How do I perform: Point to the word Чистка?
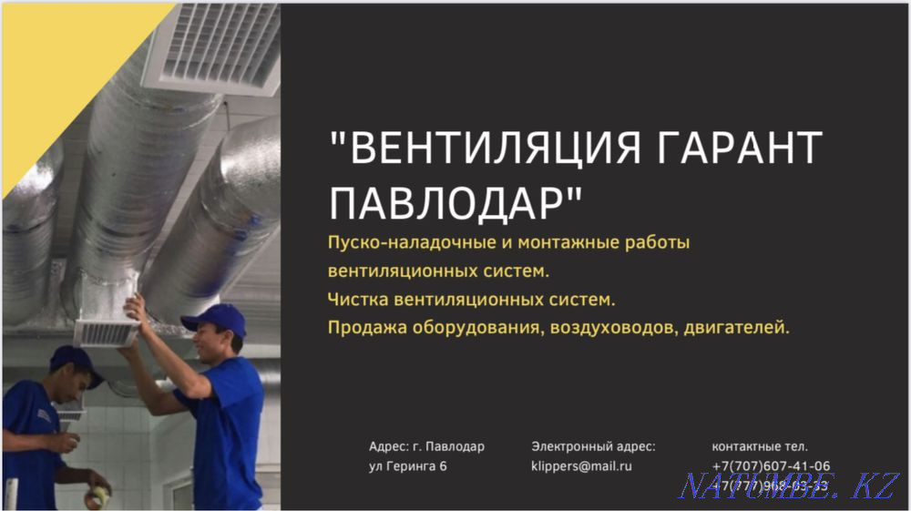(355, 299)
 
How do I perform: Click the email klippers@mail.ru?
(581, 465)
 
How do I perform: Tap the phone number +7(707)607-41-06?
(771, 465)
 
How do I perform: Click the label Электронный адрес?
(593, 446)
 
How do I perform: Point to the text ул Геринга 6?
(407, 465)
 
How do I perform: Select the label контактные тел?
(760, 446)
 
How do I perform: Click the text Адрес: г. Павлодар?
(426, 446)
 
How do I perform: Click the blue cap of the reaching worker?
(215, 318)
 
